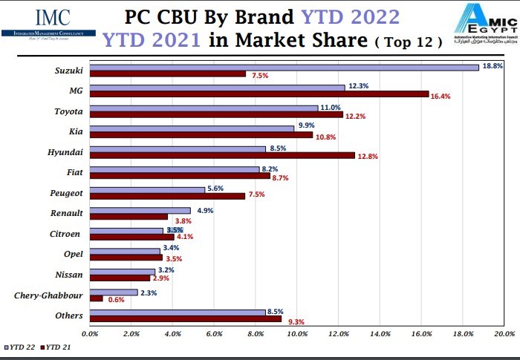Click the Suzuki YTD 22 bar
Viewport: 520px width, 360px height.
[x=284, y=67]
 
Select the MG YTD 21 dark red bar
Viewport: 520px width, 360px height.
[x=259, y=94]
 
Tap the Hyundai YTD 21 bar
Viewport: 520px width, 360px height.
[x=222, y=155]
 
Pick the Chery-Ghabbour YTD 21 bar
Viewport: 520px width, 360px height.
[x=96, y=298]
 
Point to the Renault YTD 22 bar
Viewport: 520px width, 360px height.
[x=140, y=211]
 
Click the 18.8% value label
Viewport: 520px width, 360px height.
[x=493, y=66]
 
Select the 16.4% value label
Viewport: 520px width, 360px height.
[x=441, y=96]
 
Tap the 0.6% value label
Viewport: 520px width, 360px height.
[x=117, y=300]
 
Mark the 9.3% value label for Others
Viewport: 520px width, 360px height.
[x=294, y=321]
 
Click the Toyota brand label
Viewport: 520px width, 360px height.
[x=68, y=111]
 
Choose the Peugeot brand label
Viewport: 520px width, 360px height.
[x=65, y=192]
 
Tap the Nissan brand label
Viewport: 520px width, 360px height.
[x=69, y=275]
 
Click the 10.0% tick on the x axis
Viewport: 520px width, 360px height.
[x=297, y=335]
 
